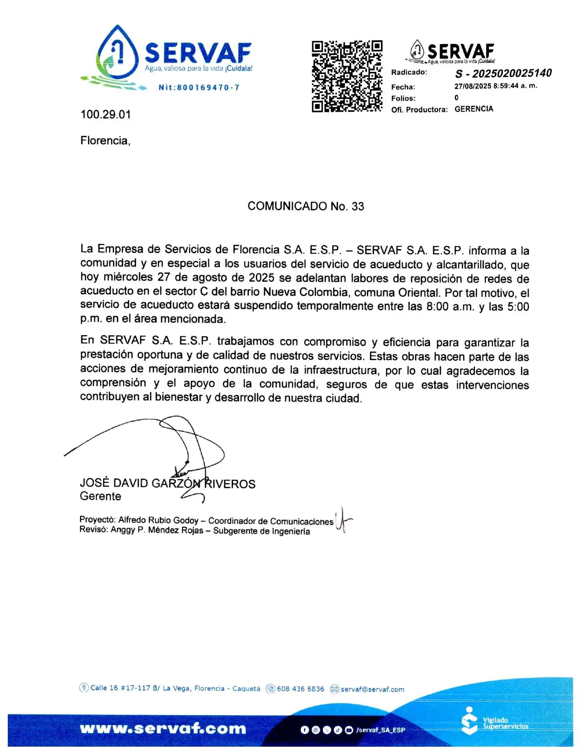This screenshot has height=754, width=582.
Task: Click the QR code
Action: (347, 76)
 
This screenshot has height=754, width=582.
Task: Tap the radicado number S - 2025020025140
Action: (503, 73)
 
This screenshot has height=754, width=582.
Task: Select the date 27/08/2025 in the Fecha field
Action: (473, 86)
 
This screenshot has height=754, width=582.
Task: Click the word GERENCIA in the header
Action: (473, 109)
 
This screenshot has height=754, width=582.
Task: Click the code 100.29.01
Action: (105, 115)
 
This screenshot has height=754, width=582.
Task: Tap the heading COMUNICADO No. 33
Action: (305, 206)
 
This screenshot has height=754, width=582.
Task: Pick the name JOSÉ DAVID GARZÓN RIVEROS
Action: (167, 484)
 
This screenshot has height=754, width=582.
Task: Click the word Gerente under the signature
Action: (100, 496)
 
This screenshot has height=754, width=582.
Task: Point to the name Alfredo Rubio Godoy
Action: (158, 520)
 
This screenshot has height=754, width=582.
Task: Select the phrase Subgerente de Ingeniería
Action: (261, 531)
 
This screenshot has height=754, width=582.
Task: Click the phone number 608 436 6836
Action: (300, 689)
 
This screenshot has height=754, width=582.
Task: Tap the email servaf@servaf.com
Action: (372, 689)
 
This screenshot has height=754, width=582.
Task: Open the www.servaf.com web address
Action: (163, 728)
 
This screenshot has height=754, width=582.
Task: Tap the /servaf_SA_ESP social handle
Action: (381, 730)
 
